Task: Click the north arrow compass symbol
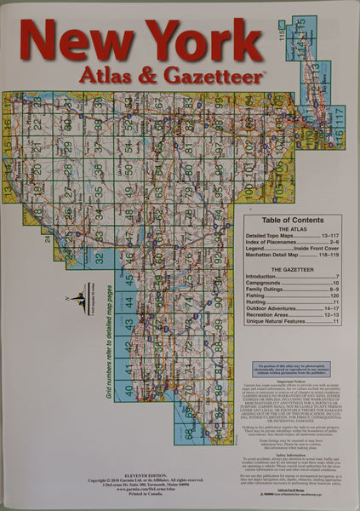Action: pyautogui.click(x=80, y=300)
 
